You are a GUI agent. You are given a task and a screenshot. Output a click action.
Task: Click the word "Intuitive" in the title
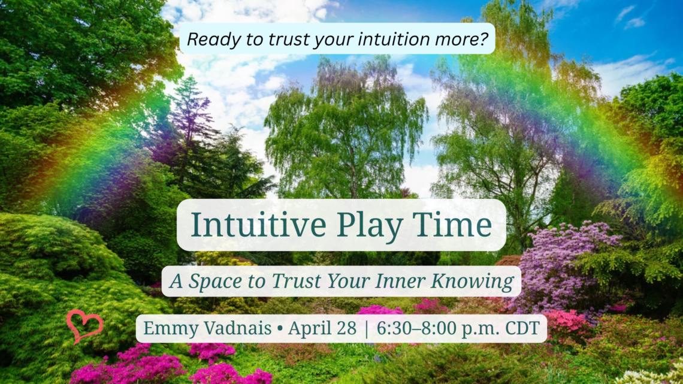click(259, 225)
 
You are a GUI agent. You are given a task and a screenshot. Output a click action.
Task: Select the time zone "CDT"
click(522, 328)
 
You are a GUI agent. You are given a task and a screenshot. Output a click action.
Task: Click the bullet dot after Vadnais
click(280, 329)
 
